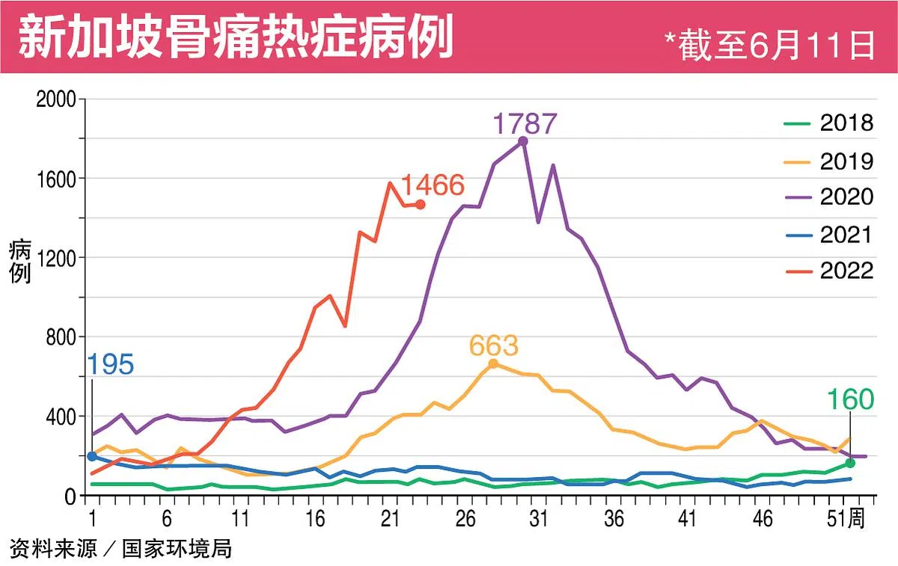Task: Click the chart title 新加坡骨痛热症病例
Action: pyautogui.click(x=236, y=37)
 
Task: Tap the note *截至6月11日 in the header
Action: pyautogui.click(x=770, y=46)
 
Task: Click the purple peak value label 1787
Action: pyautogui.click(x=525, y=123)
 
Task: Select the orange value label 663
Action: pyautogui.click(x=494, y=346)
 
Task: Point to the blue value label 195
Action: pyautogui.click(x=111, y=365)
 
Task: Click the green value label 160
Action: pyautogui.click(x=850, y=400)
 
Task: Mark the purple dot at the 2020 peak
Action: pyautogui.click(x=523, y=141)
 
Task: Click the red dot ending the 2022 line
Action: pyautogui.click(x=421, y=204)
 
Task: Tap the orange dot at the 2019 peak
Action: pyautogui.click(x=493, y=363)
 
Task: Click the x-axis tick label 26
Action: pyautogui.click(x=465, y=519)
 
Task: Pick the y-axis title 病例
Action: pyautogui.click(x=20, y=262)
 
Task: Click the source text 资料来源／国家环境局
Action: pyautogui.click(x=121, y=549)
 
